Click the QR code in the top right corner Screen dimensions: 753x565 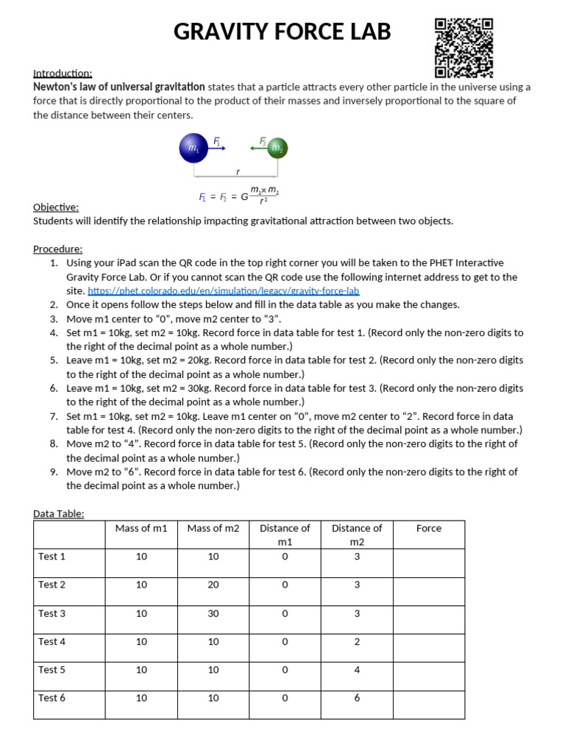click(463, 48)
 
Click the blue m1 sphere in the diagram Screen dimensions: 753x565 click(193, 149)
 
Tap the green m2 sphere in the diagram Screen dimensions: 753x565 click(277, 149)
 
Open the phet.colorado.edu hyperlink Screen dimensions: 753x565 click(223, 291)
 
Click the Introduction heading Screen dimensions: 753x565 click(63, 73)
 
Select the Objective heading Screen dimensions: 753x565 click(56, 207)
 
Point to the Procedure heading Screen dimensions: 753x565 click(58, 249)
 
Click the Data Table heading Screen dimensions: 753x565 click(59, 513)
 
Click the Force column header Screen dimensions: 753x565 click(428, 528)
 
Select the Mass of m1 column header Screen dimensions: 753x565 click(141, 528)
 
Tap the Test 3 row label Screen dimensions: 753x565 click(52, 613)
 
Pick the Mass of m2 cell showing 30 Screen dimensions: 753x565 click(213, 613)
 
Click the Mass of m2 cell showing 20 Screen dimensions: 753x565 click(213, 585)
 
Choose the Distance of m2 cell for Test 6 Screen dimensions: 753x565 click(357, 698)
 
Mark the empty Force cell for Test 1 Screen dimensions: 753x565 click(428, 563)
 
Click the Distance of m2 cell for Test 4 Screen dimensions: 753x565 click(357, 641)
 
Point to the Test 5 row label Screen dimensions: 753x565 click(52, 670)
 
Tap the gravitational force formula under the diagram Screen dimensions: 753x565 click(238, 196)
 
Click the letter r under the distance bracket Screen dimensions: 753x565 click(237, 171)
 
